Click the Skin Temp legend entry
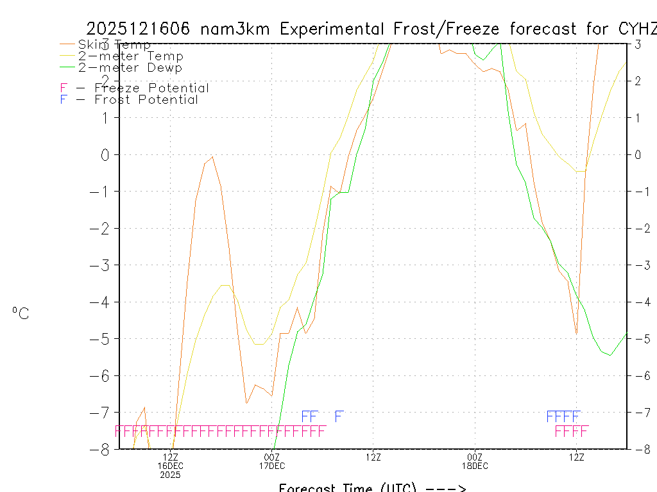(x=114, y=45)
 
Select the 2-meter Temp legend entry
(x=130, y=56)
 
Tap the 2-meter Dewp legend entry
(x=130, y=67)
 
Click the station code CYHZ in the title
(x=639, y=29)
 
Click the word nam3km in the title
(x=237, y=29)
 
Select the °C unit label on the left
(x=21, y=313)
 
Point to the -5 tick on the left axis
(x=102, y=339)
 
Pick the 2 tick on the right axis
(x=638, y=81)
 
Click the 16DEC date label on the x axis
(x=170, y=466)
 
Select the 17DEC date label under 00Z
(x=272, y=466)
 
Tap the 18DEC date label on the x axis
(x=475, y=466)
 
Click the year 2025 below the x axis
(x=170, y=475)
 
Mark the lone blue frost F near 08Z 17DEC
(x=339, y=416)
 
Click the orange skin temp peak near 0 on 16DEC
(x=212, y=157)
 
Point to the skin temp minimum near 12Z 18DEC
(x=576, y=334)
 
